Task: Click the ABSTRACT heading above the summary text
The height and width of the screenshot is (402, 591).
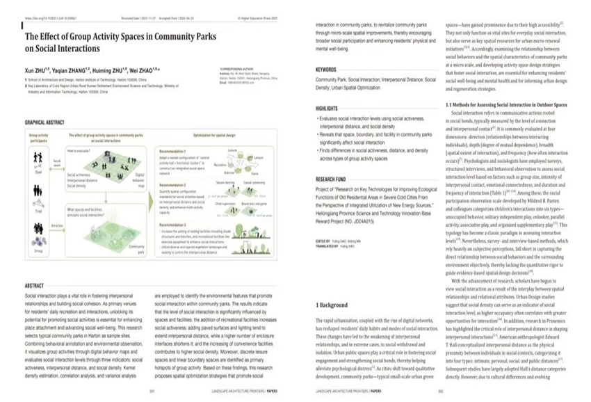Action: (34, 286)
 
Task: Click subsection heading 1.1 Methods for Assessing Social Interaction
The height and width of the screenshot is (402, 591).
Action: (506, 104)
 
